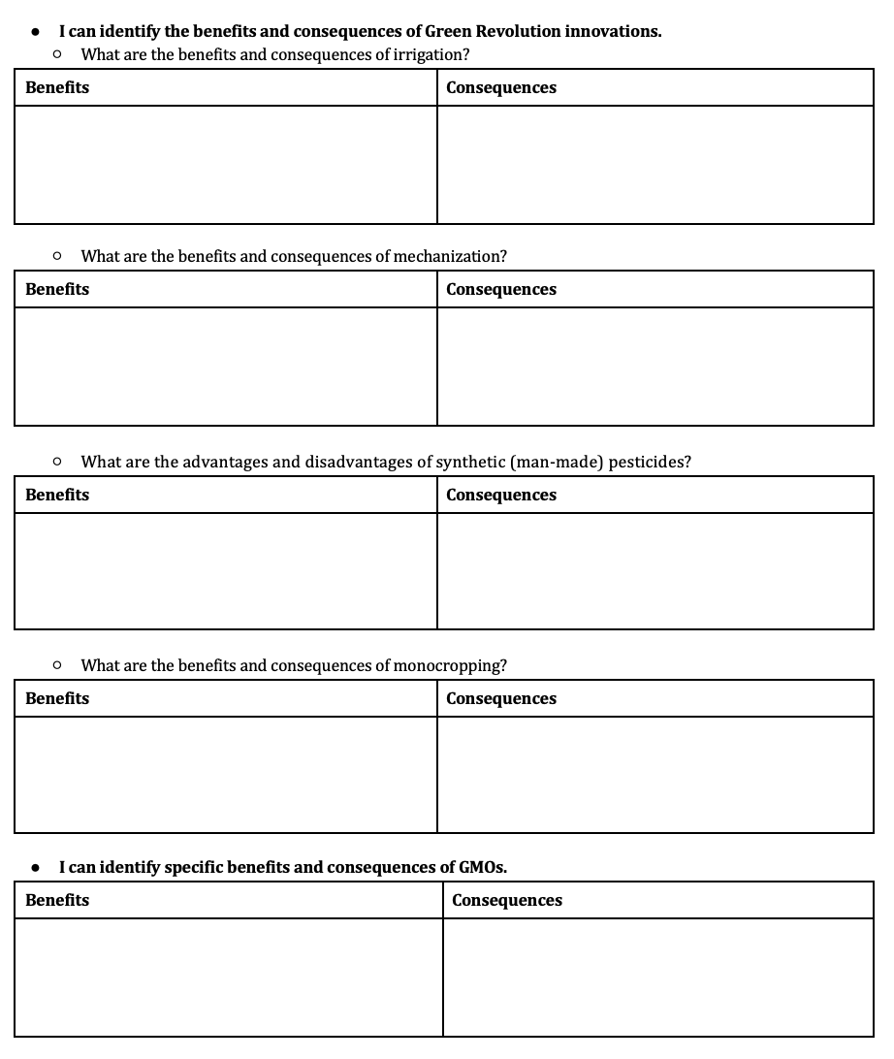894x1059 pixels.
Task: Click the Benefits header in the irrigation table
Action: click(x=57, y=87)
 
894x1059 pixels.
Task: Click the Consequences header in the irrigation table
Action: click(x=501, y=87)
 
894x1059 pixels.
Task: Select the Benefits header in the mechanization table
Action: click(x=57, y=289)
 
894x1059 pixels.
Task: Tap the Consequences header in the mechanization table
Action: click(x=501, y=289)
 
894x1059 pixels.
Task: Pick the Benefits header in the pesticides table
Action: click(x=57, y=495)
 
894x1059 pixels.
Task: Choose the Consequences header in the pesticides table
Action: click(x=501, y=495)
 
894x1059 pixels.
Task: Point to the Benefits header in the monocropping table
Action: click(x=57, y=698)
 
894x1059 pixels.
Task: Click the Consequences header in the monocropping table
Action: click(x=501, y=698)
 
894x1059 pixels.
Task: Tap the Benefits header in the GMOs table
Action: click(x=57, y=900)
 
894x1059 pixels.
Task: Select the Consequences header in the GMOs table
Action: click(x=507, y=900)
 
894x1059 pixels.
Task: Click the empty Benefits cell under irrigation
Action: click(x=226, y=165)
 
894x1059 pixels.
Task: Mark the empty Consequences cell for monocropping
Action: click(x=655, y=775)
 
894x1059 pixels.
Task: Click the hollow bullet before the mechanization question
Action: click(x=58, y=256)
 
